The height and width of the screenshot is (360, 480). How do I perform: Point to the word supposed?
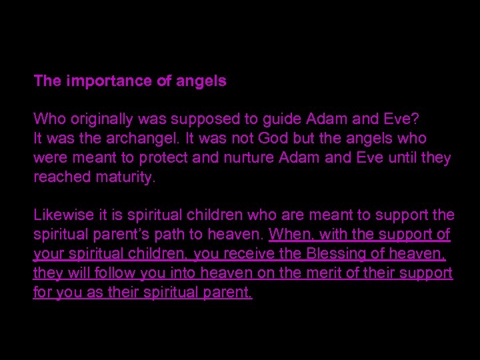196,119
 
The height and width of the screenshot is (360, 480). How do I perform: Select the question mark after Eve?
416,119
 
